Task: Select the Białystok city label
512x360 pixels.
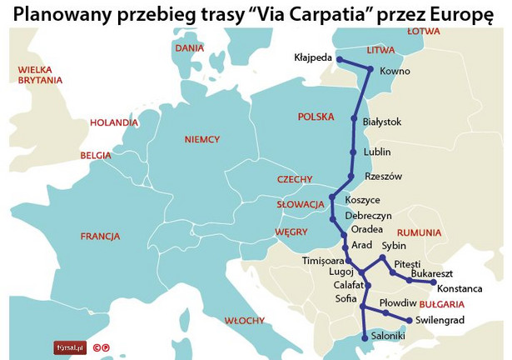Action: coord(383,122)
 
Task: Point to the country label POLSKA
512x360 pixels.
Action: coord(316,117)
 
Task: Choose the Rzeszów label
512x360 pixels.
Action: coord(383,177)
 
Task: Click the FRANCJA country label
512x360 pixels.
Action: coord(101,236)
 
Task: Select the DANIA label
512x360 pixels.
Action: coord(190,48)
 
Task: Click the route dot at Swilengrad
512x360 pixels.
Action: coord(410,321)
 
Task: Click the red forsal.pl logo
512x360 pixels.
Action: coord(70,347)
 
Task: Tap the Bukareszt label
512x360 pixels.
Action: coord(431,272)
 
